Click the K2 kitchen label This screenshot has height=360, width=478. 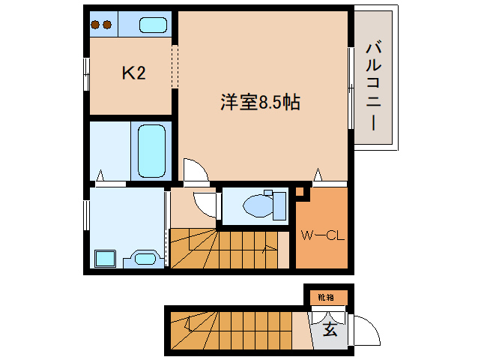pos(134,73)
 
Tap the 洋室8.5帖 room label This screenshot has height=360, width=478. pos(260,102)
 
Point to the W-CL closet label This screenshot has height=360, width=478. pos(322,235)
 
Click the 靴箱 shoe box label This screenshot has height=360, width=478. pos(326,297)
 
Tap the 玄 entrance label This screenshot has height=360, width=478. pos(330,329)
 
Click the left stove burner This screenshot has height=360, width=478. pos(95,25)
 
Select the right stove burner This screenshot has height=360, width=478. pos(107,25)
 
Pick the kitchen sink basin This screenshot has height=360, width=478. pos(153,25)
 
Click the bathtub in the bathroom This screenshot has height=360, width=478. pos(151,151)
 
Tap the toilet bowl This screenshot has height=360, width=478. pos(258,206)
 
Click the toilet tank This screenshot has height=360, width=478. pos(279,206)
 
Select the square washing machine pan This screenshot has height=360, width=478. pos(105,259)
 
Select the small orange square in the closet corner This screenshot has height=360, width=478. pos(300,192)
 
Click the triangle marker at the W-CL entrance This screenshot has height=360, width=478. pos(318,174)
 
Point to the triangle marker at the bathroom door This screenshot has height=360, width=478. pos(100,175)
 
